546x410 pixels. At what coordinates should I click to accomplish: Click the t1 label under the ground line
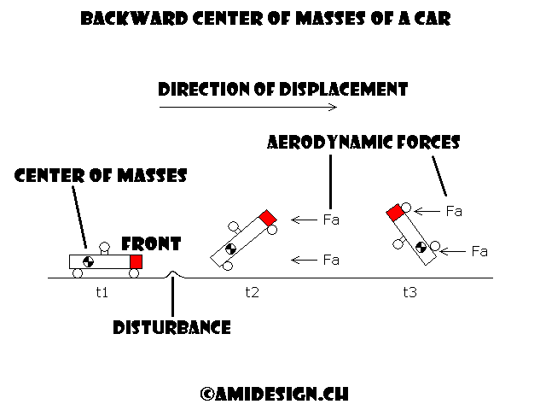(102, 292)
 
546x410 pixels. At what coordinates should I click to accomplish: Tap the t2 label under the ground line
(252, 292)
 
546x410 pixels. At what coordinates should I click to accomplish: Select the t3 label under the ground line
(409, 292)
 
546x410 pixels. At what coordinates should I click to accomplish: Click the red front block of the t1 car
(136, 261)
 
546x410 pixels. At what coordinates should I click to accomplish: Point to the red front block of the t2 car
(268, 215)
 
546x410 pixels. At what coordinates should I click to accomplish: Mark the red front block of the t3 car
(394, 212)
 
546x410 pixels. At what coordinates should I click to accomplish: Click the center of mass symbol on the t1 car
(86, 261)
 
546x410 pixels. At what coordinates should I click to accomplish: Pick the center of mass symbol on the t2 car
(229, 250)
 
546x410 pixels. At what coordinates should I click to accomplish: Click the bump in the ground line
(173, 274)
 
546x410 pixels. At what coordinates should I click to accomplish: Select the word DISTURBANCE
(171, 327)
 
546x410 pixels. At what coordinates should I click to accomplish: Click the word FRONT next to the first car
(151, 244)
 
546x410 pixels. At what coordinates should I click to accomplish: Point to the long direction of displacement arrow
(248, 107)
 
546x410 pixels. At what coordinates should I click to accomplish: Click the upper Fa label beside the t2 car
(331, 220)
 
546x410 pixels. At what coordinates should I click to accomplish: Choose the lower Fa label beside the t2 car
(331, 260)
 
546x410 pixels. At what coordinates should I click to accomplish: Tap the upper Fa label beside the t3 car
(454, 211)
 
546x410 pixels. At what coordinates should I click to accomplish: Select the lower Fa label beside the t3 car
(479, 251)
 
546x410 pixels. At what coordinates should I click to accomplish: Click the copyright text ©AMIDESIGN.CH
(274, 394)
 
